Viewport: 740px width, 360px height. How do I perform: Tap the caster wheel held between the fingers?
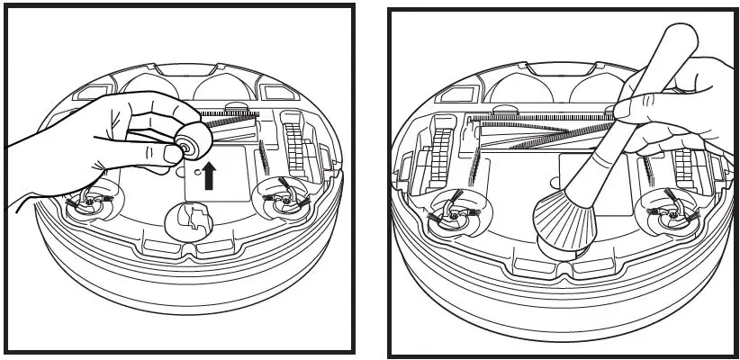tap(191, 142)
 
